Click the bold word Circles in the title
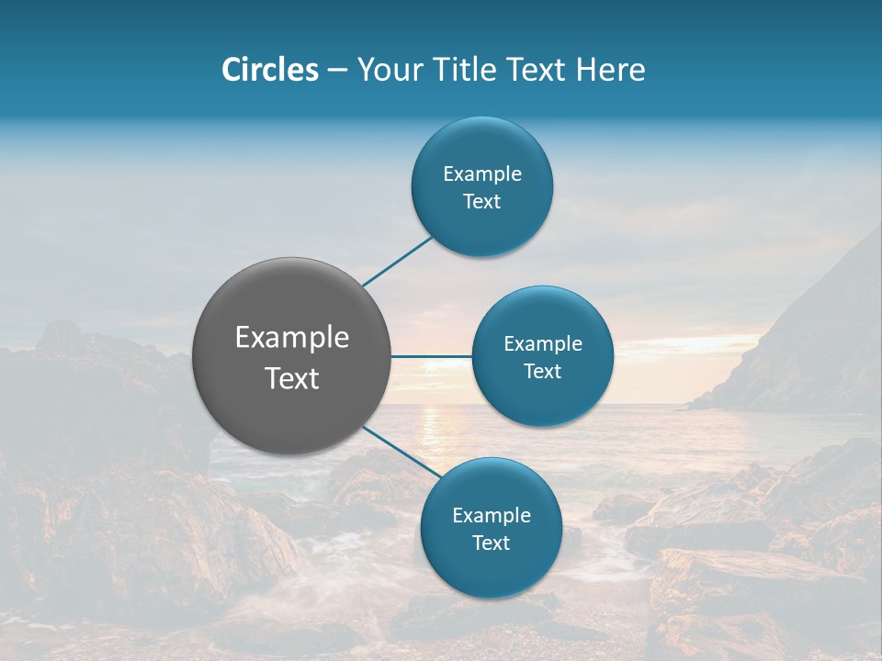(270, 70)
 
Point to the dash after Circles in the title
(337, 70)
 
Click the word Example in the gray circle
(292, 338)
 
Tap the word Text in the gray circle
(292, 378)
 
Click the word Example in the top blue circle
(482, 174)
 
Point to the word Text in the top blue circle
(482, 202)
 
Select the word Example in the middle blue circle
(543, 344)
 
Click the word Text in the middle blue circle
(543, 372)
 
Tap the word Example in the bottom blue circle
(492, 516)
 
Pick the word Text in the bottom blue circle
(492, 543)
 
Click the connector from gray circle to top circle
(397, 261)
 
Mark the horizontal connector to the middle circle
(431, 356)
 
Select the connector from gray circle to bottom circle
(401, 452)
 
